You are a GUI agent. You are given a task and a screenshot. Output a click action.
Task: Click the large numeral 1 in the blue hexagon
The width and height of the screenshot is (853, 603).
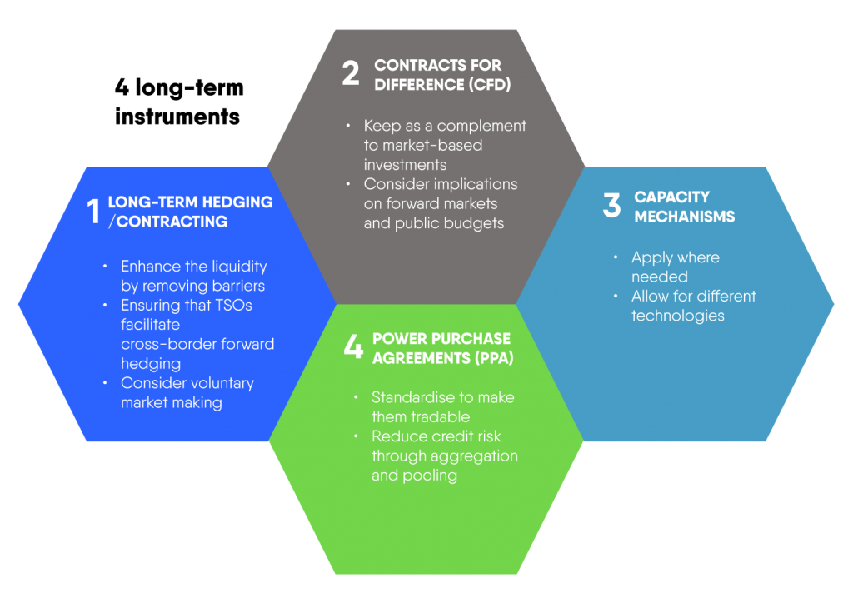[93, 211]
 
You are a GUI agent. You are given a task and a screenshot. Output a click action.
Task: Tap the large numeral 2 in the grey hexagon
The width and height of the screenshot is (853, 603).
[351, 72]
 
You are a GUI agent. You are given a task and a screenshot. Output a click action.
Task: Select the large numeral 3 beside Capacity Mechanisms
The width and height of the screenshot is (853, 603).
[611, 205]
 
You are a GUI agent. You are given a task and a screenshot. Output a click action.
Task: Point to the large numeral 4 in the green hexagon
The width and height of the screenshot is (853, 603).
[353, 346]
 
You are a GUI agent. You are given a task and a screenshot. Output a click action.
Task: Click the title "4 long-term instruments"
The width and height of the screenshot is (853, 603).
[179, 102]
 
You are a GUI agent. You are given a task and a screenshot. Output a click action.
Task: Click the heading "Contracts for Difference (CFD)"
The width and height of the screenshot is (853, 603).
[442, 75]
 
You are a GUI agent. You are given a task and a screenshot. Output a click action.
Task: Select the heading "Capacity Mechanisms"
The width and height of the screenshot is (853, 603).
[685, 207]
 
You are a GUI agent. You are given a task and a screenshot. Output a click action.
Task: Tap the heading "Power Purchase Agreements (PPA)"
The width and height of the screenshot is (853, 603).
[443, 348]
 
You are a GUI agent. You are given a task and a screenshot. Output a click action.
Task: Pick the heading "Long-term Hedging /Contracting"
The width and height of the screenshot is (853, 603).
[191, 212]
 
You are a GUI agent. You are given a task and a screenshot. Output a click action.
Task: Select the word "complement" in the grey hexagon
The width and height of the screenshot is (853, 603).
[481, 127]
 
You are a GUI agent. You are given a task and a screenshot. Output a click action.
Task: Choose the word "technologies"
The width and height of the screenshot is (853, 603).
[678, 316]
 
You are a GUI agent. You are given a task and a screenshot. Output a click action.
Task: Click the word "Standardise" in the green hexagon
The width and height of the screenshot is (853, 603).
[414, 397]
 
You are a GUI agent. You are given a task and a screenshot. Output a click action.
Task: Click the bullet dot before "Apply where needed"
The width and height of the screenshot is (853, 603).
[616, 257]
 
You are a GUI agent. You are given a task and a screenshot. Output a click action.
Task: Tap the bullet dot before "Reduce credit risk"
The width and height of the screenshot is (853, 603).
[356, 436]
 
